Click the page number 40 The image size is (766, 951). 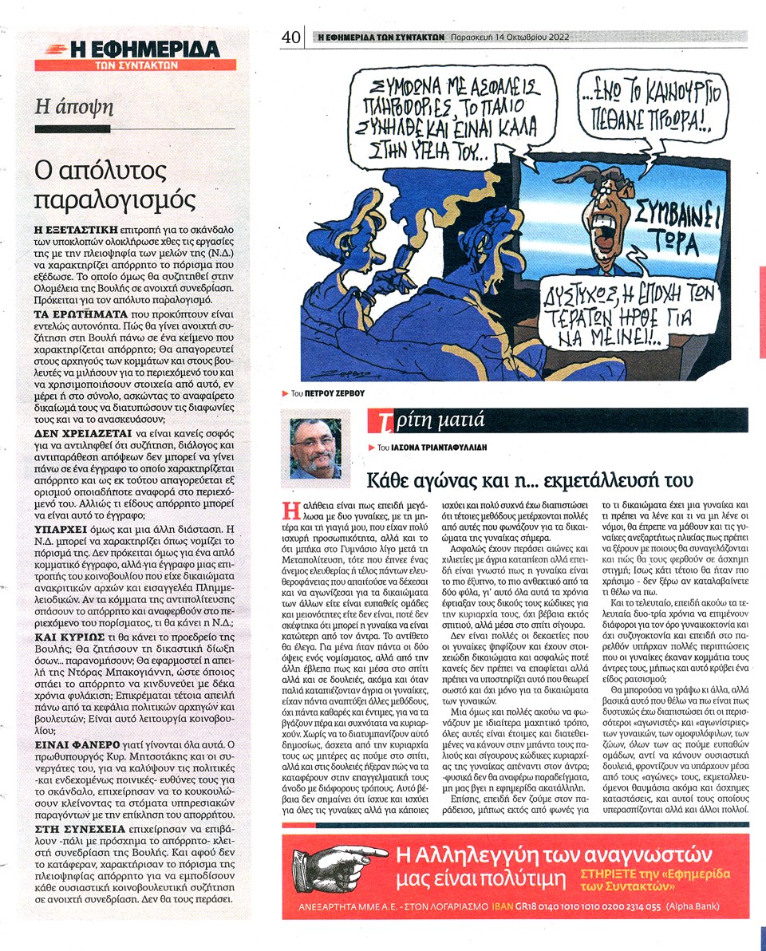pyautogui.click(x=290, y=37)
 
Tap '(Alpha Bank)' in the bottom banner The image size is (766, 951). pyautogui.click(x=694, y=906)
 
